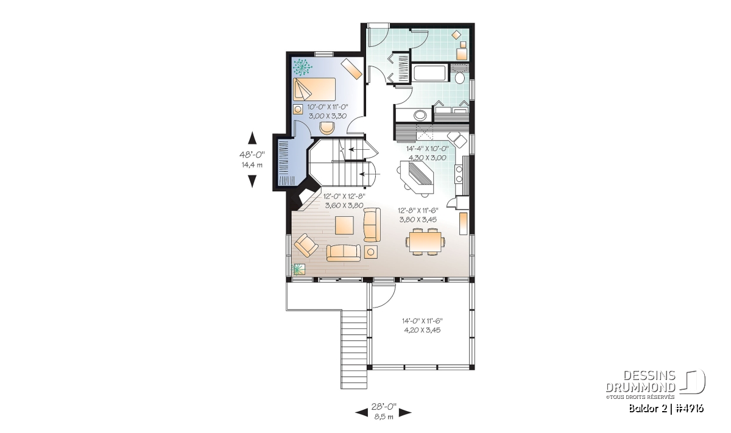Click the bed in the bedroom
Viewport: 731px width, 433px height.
coord(314,89)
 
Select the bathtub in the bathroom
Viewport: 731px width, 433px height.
coord(429,73)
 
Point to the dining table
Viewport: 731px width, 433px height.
coord(426,242)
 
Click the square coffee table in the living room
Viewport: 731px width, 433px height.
coord(344,225)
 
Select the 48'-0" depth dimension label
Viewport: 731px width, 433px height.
coord(252,154)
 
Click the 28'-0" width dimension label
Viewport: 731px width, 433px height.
coord(383,407)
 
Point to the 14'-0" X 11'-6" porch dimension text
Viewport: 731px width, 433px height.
coord(422,321)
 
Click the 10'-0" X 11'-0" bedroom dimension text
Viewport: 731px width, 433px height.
coord(328,107)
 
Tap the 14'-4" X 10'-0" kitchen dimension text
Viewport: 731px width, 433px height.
coord(428,149)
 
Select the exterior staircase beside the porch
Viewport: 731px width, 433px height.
coord(354,350)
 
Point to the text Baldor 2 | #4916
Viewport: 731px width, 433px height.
coord(666,409)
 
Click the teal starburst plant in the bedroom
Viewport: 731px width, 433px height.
coord(302,67)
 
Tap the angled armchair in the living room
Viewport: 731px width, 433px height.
coord(306,245)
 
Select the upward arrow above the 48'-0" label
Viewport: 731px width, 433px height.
coord(252,138)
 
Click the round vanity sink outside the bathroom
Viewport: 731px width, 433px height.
coord(420,115)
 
